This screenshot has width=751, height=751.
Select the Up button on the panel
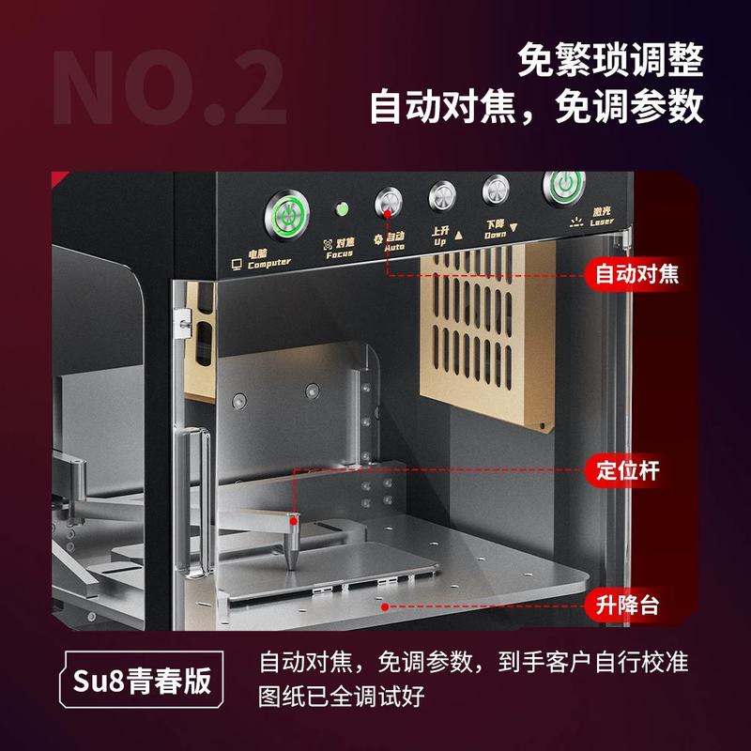pos(442,196)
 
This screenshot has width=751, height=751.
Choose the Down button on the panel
pos(496,190)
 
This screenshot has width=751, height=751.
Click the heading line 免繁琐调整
pos(610,61)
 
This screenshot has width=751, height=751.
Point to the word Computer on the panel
pos(269,264)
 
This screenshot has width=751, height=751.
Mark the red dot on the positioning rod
pos(294,517)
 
